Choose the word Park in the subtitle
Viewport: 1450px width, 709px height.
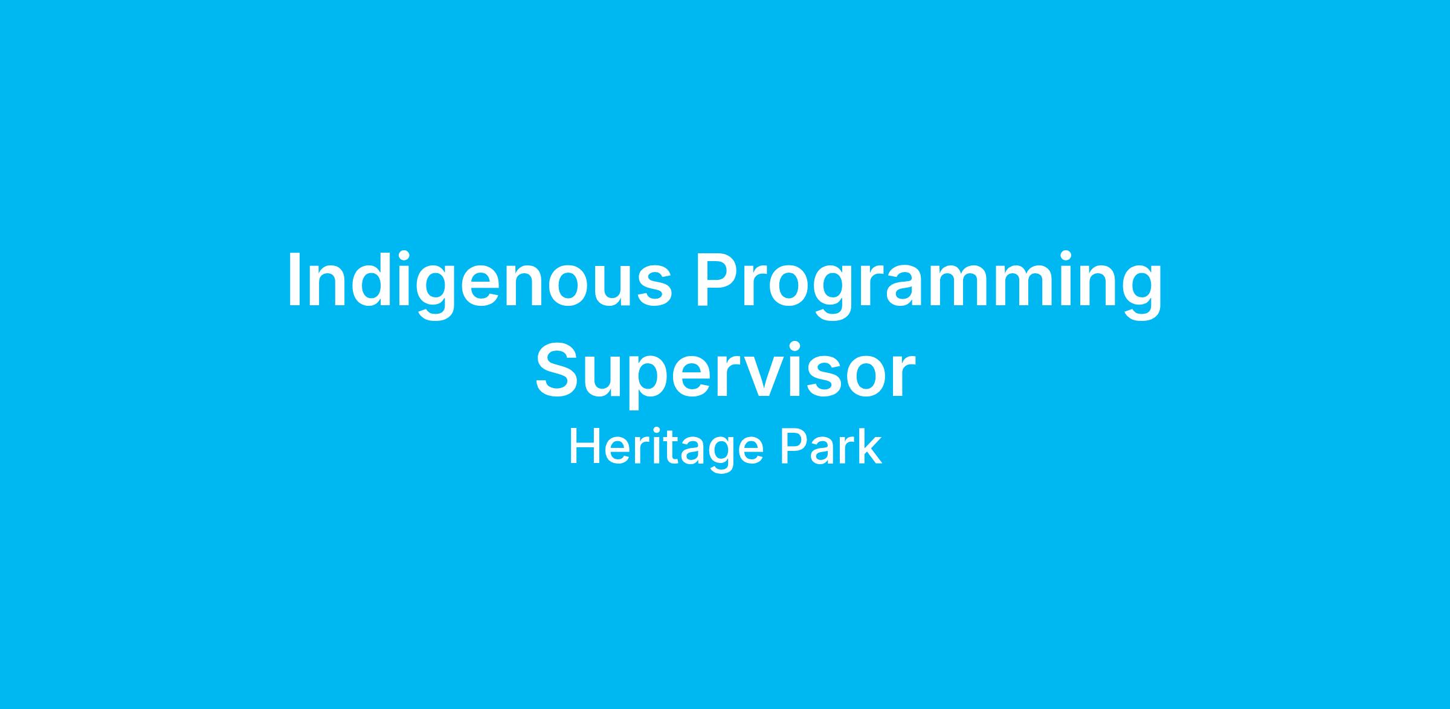pyautogui.click(x=830, y=447)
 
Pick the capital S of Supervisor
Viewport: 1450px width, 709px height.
pyautogui.click(x=558, y=370)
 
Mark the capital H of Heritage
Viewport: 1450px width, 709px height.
pyautogui.click(x=585, y=447)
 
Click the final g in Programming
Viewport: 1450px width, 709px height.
pyautogui.click(x=1142, y=293)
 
